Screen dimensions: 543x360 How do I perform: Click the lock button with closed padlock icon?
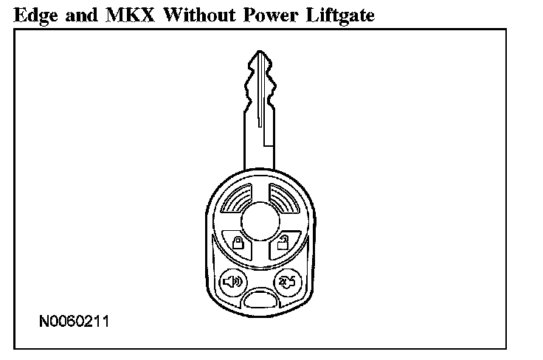click(235, 243)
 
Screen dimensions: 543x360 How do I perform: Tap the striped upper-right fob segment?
click(280, 201)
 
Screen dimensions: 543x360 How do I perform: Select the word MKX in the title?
click(130, 13)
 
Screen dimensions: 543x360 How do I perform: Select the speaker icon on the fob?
click(231, 281)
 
